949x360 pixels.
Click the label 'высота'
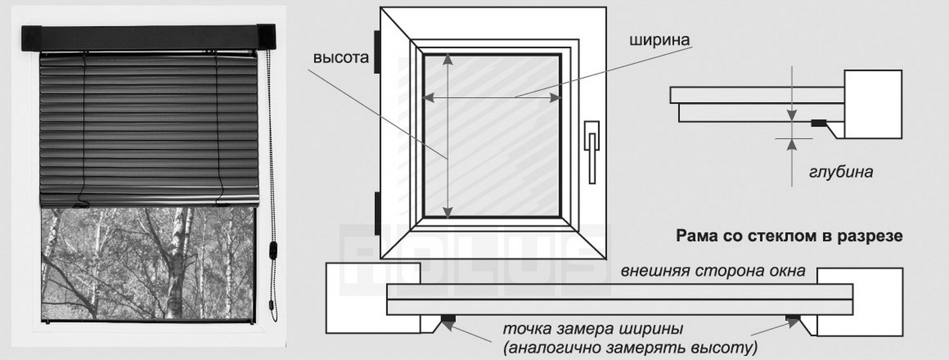(x=341, y=58)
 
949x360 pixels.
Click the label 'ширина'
(x=659, y=40)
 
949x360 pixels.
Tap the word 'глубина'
(x=841, y=171)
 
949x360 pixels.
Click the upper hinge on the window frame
(x=376, y=52)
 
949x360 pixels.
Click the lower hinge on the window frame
(x=376, y=213)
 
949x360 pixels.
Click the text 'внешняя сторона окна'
(x=713, y=271)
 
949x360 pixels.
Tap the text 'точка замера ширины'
(x=592, y=329)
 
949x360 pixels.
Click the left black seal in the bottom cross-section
(x=448, y=319)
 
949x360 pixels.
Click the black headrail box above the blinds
(x=148, y=37)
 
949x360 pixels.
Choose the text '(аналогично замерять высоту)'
(x=630, y=348)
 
